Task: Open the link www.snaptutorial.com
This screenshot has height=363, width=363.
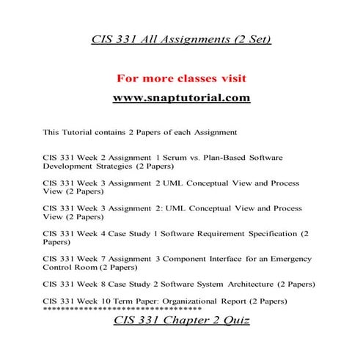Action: (x=182, y=98)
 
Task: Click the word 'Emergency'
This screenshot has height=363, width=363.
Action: (x=290, y=259)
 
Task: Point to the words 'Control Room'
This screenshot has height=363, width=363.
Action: (x=68, y=268)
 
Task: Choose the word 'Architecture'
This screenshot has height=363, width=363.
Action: (x=254, y=284)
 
